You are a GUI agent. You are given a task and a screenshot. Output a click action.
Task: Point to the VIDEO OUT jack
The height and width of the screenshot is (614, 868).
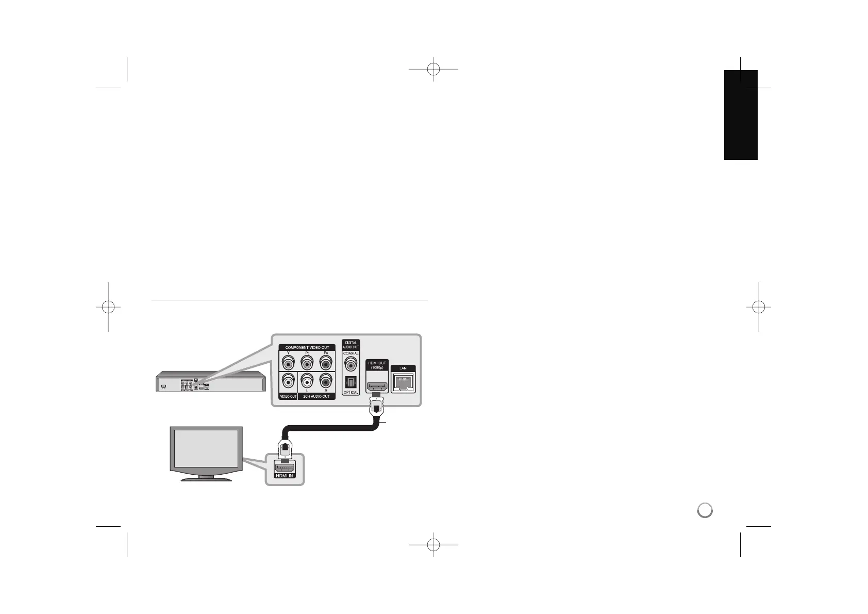[x=288, y=382]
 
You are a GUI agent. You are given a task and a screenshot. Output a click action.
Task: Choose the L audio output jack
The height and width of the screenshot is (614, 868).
[x=307, y=382]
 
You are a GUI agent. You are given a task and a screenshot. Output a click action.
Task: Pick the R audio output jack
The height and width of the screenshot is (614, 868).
[x=326, y=382]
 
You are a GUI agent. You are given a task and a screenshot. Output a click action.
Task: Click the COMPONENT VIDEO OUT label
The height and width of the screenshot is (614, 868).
[x=307, y=348]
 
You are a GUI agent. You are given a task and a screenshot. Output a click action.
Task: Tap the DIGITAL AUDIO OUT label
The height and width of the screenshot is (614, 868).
[x=351, y=345]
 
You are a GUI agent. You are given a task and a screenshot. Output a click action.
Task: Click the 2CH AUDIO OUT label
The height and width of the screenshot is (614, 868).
[x=316, y=396]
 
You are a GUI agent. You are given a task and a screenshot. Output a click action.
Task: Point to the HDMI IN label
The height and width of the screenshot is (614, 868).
[x=284, y=475]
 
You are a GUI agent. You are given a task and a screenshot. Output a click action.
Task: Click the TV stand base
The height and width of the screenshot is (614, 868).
[x=206, y=479]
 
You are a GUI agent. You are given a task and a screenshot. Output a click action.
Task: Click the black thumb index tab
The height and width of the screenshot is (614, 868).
[x=741, y=115]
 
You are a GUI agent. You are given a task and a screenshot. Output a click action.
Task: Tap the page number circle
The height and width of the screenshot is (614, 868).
[x=705, y=510]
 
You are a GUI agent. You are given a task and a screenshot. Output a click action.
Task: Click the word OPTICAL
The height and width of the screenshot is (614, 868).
[x=351, y=393]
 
